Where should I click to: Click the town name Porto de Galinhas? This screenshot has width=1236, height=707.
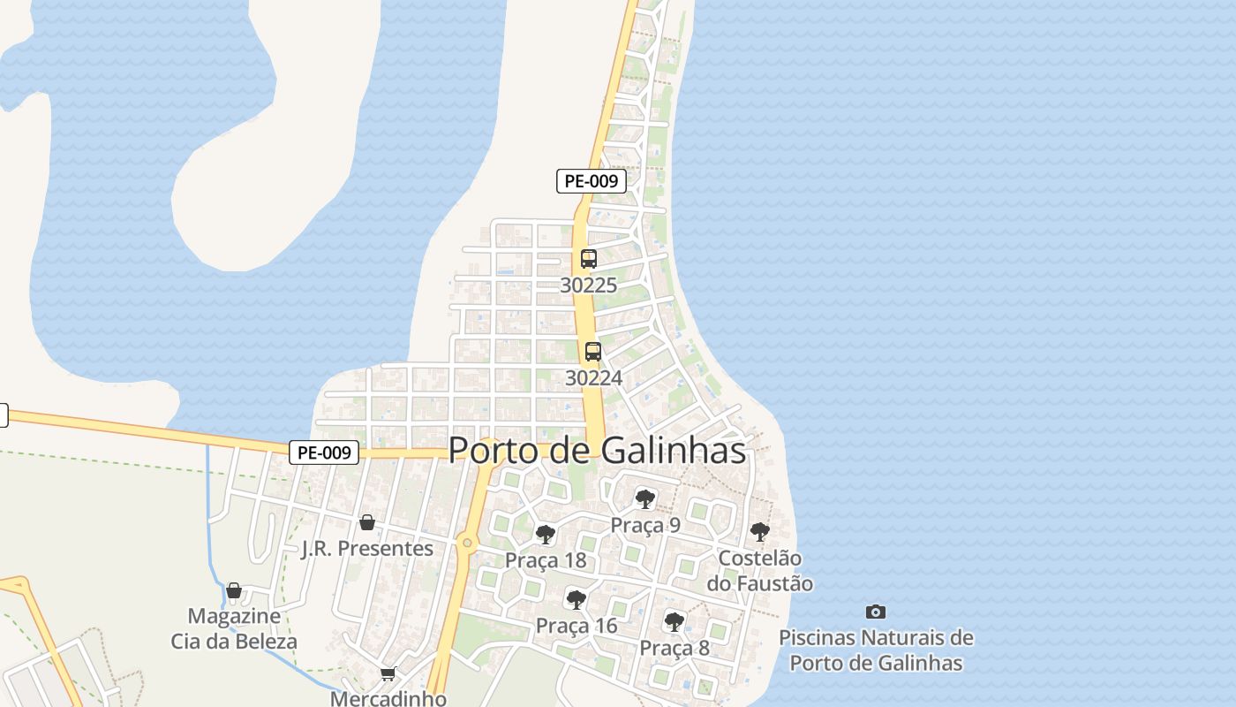(x=597, y=450)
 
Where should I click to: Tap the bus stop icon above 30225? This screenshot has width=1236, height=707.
(x=589, y=259)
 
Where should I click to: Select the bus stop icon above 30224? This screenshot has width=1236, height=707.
(x=593, y=351)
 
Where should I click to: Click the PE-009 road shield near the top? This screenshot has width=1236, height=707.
(x=592, y=181)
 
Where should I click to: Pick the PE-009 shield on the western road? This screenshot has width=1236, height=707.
(x=324, y=452)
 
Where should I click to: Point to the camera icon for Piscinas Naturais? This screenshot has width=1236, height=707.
(x=875, y=612)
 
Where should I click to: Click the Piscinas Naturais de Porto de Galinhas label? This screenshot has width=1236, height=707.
(x=876, y=650)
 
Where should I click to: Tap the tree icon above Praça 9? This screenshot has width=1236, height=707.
(x=645, y=498)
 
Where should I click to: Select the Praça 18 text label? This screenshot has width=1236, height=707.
(x=546, y=560)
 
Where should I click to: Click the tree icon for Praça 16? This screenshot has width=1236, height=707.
(x=576, y=600)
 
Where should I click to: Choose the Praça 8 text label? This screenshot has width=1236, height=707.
(x=675, y=648)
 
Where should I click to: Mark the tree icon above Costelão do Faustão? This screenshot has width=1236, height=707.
(x=759, y=532)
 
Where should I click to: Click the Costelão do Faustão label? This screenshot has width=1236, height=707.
(x=759, y=571)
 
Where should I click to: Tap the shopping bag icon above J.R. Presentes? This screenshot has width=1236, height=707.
(x=367, y=522)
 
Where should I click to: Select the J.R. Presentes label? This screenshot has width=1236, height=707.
(x=367, y=549)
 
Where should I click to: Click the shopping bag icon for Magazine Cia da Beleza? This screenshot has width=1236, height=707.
(x=234, y=589)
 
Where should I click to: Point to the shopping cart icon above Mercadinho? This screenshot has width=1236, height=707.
(x=388, y=674)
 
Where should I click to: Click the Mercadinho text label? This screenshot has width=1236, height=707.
(x=388, y=698)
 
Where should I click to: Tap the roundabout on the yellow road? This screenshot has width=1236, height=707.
(x=466, y=543)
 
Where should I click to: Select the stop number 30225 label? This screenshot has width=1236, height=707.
(x=589, y=285)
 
